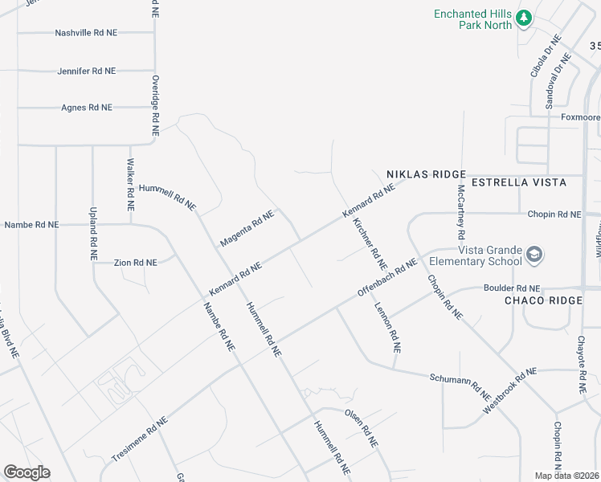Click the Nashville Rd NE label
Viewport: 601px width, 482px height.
[x=86, y=33]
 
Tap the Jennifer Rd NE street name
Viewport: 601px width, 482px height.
[x=87, y=71]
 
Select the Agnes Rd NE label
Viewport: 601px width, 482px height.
[x=87, y=107]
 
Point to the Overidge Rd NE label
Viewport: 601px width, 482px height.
[x=155, y=106]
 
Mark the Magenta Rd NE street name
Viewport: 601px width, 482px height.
[x=247, y=228]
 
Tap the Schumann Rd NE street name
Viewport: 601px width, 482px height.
[x=460, y=387]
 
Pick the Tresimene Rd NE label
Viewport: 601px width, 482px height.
[x=139, y=438]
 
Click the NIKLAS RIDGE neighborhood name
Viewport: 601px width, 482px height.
[x=426, y=174]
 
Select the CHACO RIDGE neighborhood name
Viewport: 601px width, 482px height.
[x=542, y=300]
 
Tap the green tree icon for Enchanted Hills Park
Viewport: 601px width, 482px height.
[x=524, y=16]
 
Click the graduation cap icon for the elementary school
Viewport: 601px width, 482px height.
[x=534, y=255]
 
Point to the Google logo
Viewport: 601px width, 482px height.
[x=27, y=472]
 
